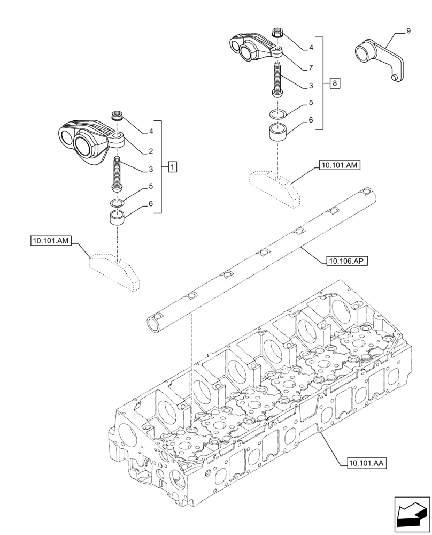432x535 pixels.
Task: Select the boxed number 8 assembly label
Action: tap(334, 83)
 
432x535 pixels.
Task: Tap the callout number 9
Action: tap(408, 32)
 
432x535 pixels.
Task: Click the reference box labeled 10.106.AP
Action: tap(342, 261)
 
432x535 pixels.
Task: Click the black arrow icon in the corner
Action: tap(412, 514)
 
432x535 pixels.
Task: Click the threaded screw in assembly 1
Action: tap(117, 174)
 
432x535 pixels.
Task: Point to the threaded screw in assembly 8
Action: tap(278, 79)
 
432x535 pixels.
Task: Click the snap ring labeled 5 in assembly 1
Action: tap(117, 202)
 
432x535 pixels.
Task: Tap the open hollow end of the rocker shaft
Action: tap(155, 323)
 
